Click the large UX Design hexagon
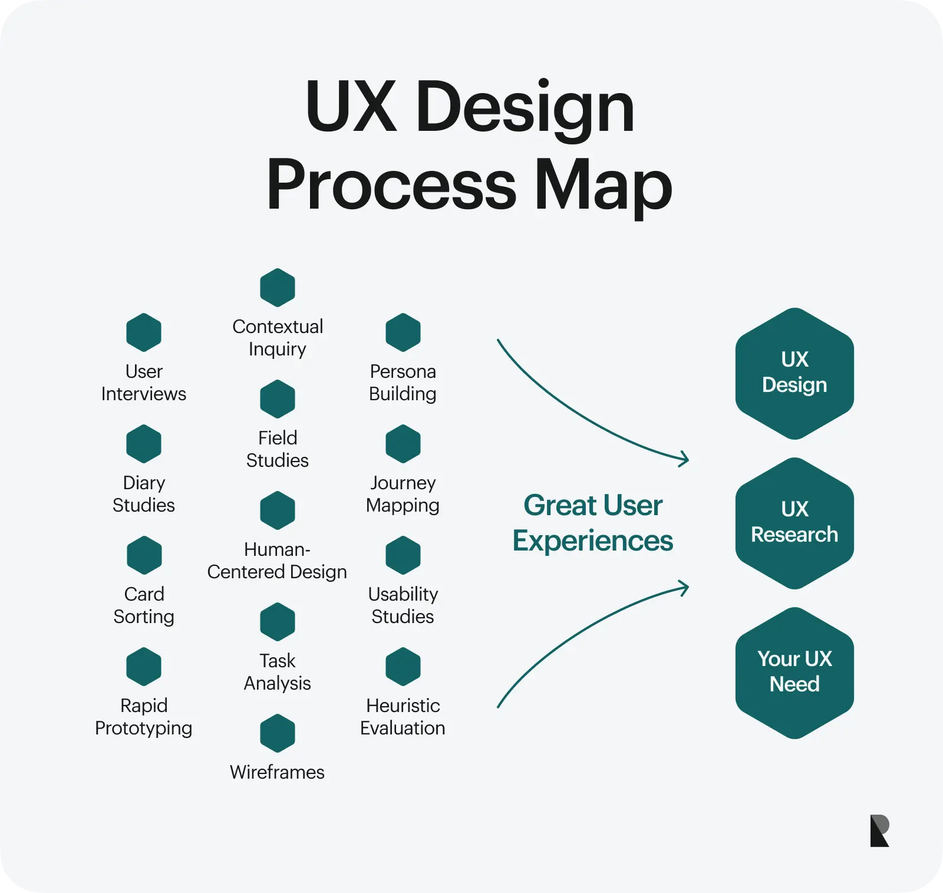(794, 373)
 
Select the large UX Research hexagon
(794, 523)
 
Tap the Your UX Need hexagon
(794, 673)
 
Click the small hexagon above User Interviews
(144, 332)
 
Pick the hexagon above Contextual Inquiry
(278, 288)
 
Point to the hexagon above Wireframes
(278, 733)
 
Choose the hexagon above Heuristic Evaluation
(403, 667)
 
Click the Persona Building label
(403, 383)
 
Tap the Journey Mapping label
(403, 494)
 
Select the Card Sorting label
(144, 605)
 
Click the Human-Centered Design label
(277, 561)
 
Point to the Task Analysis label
(278, 672)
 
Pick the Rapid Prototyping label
(144, 717)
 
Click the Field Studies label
(278, 449)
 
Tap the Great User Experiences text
(593, 523)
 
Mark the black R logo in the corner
(879, 831)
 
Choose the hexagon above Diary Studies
(144, 444)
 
